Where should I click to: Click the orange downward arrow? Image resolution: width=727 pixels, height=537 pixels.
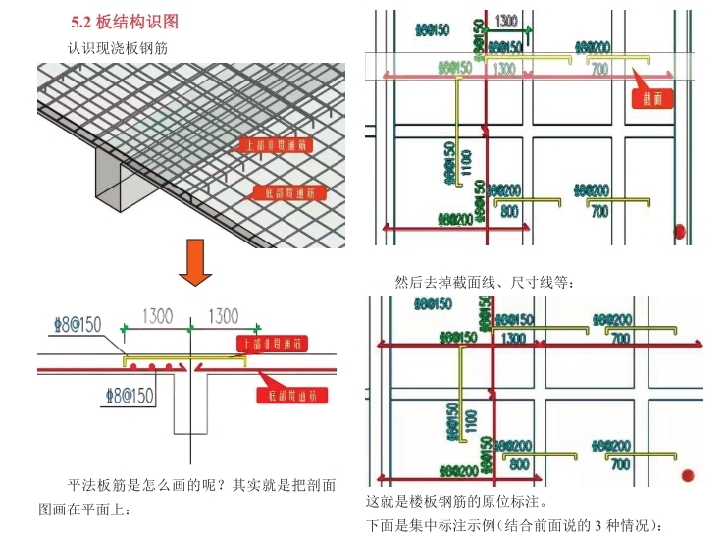(195, 267)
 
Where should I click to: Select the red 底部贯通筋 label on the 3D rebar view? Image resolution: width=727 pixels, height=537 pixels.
(288, 191)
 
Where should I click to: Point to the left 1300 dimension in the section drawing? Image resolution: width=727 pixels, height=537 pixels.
(157, 317)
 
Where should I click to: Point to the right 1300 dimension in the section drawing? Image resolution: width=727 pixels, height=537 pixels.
(223, 317)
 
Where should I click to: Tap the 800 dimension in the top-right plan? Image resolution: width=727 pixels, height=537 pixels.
(510, 211)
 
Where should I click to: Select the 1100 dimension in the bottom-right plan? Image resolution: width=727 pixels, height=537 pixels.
(472, 421)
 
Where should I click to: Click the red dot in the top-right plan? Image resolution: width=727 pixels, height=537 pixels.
(680, 232)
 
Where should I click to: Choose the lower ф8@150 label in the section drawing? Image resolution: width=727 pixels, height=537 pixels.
(130, 396)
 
